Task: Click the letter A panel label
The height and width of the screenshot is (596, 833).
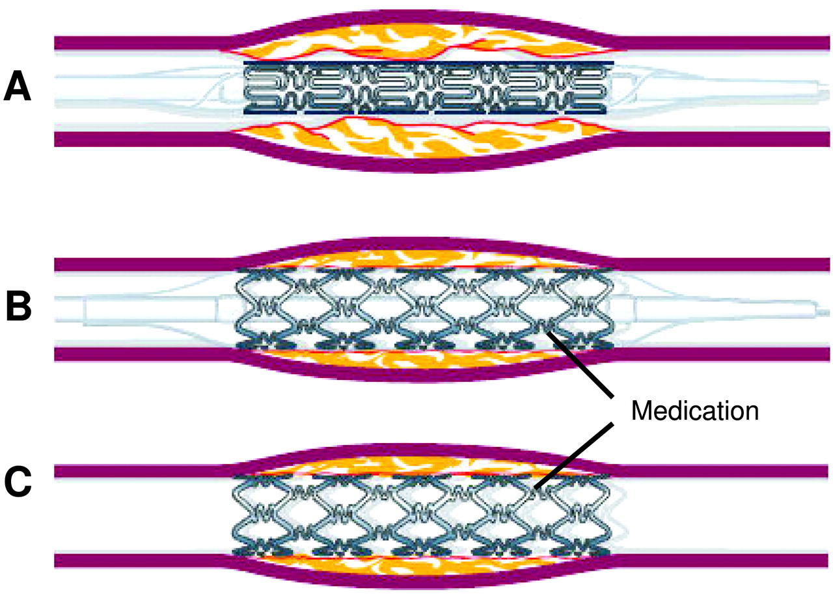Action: pyautogui.click(x=17, y=87)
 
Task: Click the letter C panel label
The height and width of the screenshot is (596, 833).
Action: pyautogui.click(x=18, y=482)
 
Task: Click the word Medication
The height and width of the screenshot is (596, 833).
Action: pyautogui.click(x=695, y=411)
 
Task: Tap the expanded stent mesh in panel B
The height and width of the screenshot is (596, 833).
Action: pyautogui.click(x=424, y=308)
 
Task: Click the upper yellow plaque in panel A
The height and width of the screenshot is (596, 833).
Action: pyautogui.click(x=420, y=42)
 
